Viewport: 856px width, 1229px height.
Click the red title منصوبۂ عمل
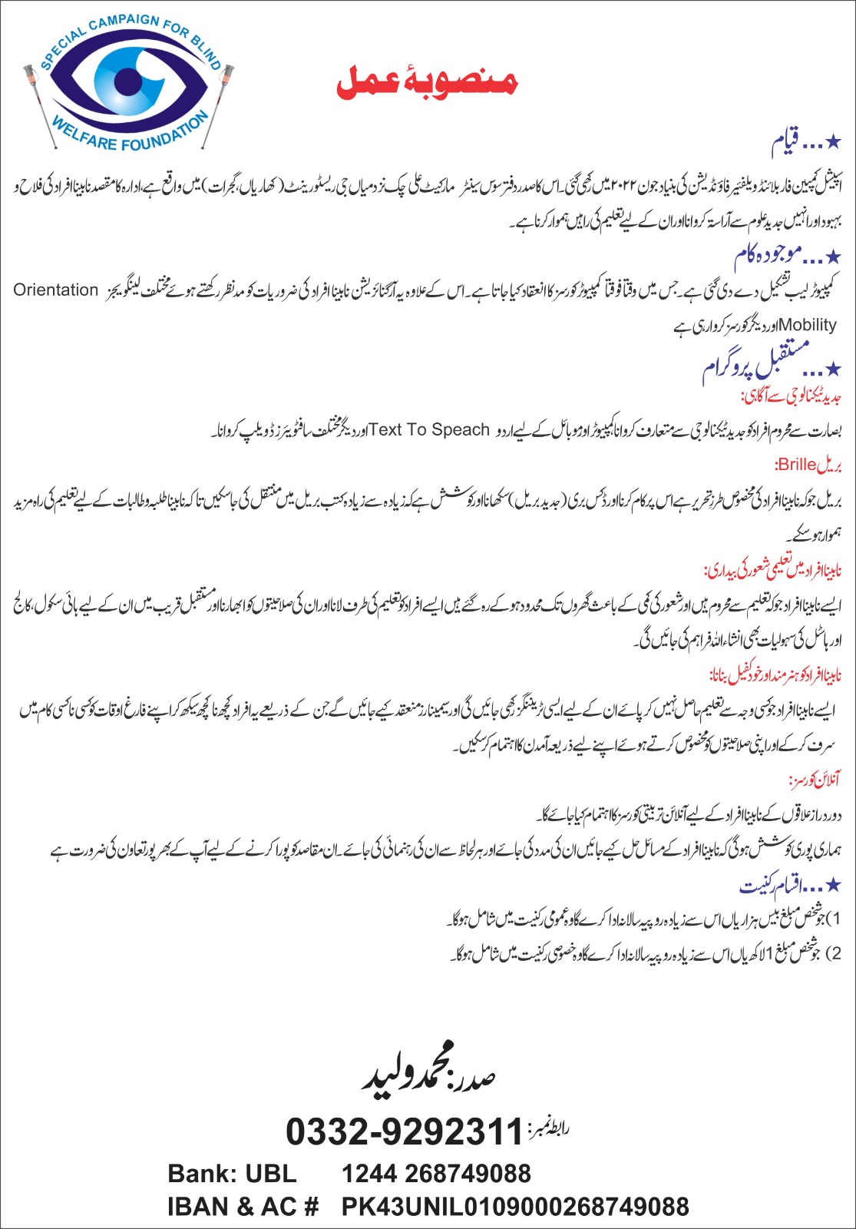(427, 82)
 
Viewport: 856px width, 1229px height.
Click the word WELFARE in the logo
(90, 137)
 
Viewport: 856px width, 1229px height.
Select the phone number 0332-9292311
(404, 1131)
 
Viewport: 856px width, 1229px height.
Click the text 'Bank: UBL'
(232, 1174)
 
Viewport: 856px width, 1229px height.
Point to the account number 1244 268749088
(436, 1174)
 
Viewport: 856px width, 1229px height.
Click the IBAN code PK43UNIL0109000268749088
(515, 1207)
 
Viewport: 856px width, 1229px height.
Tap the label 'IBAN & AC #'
(243, 1207)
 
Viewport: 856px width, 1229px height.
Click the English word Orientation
(56, 290)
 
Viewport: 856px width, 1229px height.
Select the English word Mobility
(807, 325)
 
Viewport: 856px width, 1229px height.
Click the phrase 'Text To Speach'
(429, 430)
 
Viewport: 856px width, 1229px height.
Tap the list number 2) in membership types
(837, 954)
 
